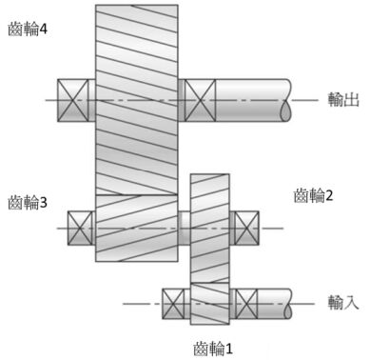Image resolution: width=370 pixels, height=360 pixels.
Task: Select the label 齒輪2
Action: (x=316, y=195)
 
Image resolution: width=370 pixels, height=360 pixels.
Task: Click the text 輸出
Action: (x=341, y=98)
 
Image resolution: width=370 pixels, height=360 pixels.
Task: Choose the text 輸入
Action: (x=341, y=303)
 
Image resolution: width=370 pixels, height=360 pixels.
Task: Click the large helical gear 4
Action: (x=137, y=95)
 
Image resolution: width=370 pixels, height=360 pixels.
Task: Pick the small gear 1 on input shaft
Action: (x=210, y=304)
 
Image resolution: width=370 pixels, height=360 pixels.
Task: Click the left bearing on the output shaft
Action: (x=75, y=99)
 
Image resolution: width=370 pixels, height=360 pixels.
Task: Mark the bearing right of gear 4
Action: (x=199, y=99)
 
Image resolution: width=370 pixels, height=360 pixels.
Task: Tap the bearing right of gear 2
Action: (x=246, y=227)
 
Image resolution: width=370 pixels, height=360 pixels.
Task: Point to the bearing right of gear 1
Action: (x=245, y=304)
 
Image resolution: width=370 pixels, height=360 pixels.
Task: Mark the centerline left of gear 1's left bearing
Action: (x=143, y=304)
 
